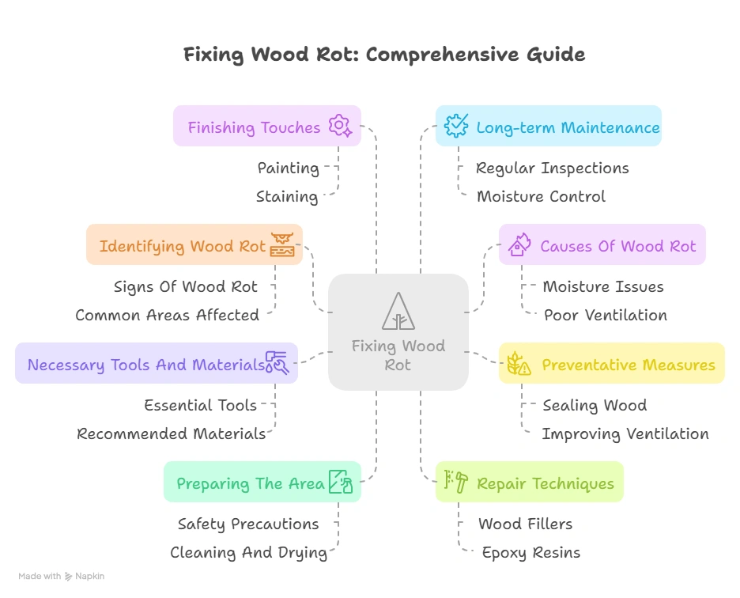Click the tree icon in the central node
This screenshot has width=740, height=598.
click(398, 311)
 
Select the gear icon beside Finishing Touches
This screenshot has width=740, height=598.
click(340, 127)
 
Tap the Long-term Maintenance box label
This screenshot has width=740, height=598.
click(568, 127)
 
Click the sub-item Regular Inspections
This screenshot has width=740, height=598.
click(552, 168)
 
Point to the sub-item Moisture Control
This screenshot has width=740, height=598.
click(541, 196)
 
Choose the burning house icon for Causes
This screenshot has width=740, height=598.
click(519, 245)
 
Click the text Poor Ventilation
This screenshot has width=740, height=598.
click(605, 315)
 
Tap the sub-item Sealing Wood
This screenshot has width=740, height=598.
click(595, 405)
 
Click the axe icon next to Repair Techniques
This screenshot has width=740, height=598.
click(456, 482)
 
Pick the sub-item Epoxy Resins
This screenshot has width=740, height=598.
click(530, 552)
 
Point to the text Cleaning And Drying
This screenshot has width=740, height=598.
click(248, 552)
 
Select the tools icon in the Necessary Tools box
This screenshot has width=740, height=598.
click(277, 363)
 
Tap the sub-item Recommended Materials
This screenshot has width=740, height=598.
click(171, 433)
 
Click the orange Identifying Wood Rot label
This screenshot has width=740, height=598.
click(182, 246)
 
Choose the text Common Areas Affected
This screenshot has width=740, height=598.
click(167, 315)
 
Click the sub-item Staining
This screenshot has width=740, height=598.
click(286, 196)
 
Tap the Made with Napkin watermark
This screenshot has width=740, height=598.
click(61, 576)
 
